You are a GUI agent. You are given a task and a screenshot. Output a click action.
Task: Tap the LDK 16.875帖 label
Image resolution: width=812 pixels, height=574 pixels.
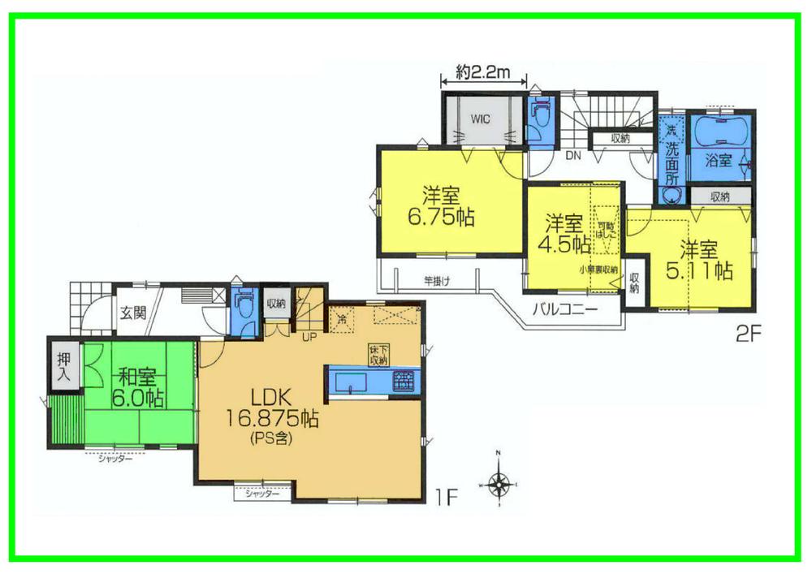(x=271, y=410)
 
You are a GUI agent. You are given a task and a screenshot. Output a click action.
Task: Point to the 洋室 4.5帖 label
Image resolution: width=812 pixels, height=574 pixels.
(x=567, y=232)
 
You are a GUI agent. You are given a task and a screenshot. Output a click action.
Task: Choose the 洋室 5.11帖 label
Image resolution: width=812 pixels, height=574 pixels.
(x=699, y=260)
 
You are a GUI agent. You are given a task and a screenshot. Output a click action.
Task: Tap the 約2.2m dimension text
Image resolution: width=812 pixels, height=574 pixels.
(x=482, y=72)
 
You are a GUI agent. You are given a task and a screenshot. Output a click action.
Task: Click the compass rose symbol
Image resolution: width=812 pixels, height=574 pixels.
(x=500, y=482)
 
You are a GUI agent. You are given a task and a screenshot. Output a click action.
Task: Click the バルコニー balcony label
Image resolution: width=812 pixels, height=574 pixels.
(x=565, y=309)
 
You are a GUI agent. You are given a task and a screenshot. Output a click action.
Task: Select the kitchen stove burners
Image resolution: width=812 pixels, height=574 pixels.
(x=404, y=380)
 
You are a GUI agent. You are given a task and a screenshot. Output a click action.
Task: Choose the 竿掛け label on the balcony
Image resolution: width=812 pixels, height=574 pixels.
(x=437, y=281)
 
